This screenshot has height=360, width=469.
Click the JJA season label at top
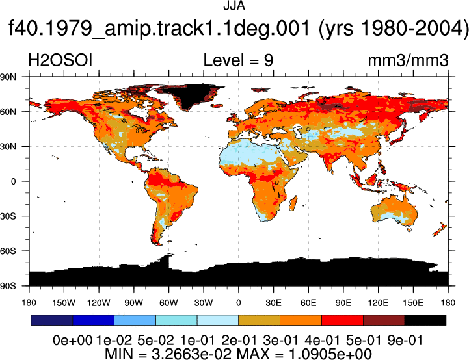[x=234, y=6]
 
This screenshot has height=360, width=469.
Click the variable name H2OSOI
[x=60, y=60]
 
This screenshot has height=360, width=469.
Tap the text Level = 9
[x=238, y=60]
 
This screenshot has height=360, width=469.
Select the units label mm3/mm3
[x=408, y=60]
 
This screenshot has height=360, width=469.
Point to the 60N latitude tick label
[x=8, y=112]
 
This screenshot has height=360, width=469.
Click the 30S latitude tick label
[x=8, y=216]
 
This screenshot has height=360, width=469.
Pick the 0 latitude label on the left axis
[x=14, y=181]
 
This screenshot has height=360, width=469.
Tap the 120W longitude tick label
[x=99, y=303]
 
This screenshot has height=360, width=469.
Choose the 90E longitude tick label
[x=343, y=303]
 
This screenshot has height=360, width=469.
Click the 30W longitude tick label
[x=204, y=303]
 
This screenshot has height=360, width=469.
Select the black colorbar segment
[x=425, y=320]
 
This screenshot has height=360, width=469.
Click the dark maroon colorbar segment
[x=384, y=320]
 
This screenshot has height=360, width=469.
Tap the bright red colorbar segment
[x=342, y=320]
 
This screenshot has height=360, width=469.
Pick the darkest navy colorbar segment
[x=52, y=320]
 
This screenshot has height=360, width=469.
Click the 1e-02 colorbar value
[x=114, y=341]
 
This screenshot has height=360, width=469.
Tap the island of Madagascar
[x=293, y=203]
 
